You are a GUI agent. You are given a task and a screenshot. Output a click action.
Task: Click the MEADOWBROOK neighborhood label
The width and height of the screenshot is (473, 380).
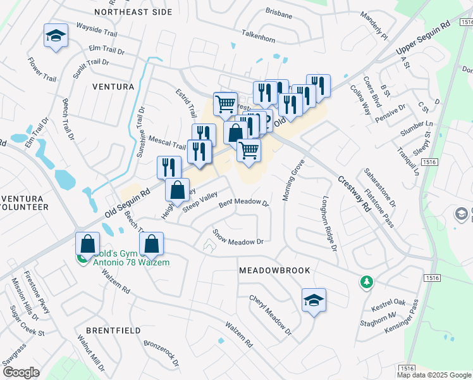[x=274, y=270]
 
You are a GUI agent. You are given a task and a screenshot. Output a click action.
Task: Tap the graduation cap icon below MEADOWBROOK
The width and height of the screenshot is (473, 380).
[x=313, y=300]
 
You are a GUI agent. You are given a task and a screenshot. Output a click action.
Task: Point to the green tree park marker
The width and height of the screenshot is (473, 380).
[x=365, y=282]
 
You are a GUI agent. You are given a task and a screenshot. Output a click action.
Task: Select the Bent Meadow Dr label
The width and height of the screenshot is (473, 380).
[x=243, y=204]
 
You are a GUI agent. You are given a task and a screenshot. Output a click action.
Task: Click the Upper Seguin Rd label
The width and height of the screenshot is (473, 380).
[x=422, y=39]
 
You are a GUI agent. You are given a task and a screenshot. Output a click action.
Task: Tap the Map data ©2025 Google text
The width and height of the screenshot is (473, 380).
[x=434, y=375]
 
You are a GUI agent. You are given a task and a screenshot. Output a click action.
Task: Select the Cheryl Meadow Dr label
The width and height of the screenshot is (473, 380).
[x=270, y=315]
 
